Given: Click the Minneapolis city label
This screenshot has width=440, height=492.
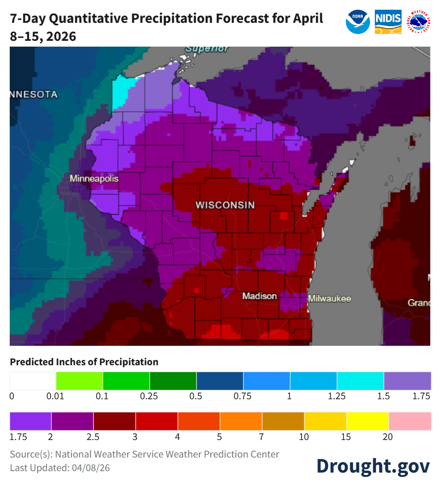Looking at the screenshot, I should [94, 179].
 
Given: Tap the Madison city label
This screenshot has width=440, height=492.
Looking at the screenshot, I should [260, 296].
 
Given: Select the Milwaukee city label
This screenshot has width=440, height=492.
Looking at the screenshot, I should [329, 299].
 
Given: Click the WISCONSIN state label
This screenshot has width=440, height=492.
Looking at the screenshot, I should [225, 205].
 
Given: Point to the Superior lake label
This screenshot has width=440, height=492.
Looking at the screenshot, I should [207, 49].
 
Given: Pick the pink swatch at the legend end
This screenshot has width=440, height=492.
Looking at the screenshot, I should [410, 421].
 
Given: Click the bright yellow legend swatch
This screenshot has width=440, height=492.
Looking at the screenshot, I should [368, 421].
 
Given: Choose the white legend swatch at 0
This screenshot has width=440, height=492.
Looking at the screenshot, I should [33, 381].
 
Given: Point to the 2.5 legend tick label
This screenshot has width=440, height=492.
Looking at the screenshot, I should [93, 437].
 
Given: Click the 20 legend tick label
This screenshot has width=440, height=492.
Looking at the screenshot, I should [387, 437].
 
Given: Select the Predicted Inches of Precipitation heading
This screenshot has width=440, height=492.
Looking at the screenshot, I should [84, 362].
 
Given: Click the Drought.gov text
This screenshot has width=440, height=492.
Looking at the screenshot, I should [373, 465].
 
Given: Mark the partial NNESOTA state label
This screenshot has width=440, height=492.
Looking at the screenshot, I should [33, 94].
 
